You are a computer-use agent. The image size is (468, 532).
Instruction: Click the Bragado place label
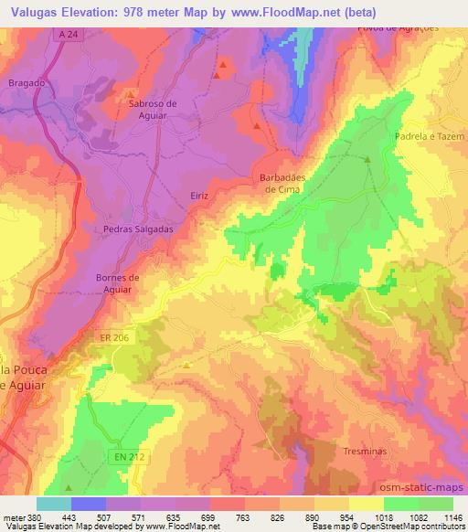(x=26, y=82)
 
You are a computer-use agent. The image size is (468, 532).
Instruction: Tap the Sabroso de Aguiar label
(x=153, y=110)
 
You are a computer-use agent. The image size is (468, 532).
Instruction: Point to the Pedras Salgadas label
(x=138, y=229)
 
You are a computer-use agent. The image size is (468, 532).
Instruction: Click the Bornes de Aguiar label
(x=118, y=282)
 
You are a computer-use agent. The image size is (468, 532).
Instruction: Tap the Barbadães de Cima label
(x=283, y=183)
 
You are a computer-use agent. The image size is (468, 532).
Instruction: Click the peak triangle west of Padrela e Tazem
(x=367, y=160)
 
